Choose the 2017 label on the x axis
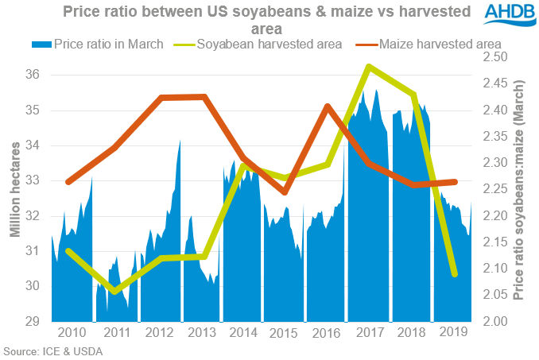click(368, 332)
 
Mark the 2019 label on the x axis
click(453, 332)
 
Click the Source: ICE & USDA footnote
click(52, 350)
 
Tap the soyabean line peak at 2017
click(368, 66)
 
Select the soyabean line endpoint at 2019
click(454, 274)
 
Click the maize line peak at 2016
click(326, 106)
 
